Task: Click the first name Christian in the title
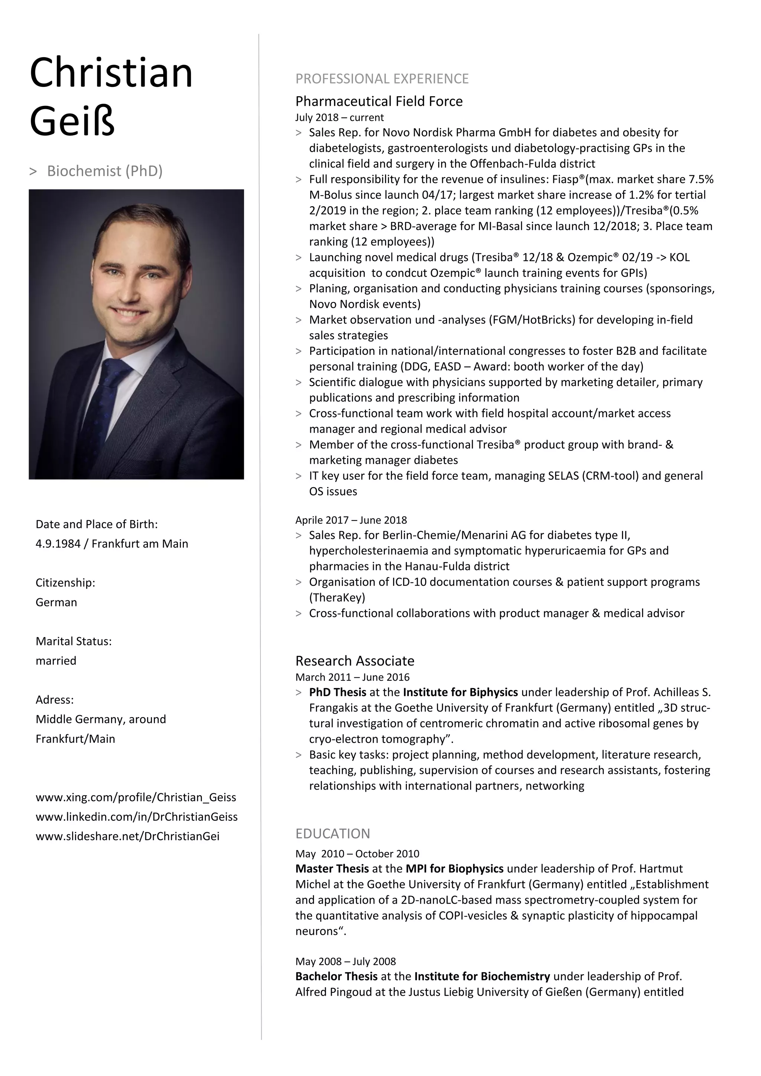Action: pyautogui.click(x=111, y=73)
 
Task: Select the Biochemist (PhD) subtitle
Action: pyautogui.click(x=104, y=171)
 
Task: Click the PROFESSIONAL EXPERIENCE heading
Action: pyautogui.click(x=382, y=79)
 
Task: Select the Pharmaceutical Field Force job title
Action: pyautogui.click(x=379, y=101)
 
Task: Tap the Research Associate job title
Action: pyautogui.click(x=355, y=661)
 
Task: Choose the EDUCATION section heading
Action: pyautogui.click(x=332, y=834)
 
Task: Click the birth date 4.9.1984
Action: pyautogui.click(x=58, y=544)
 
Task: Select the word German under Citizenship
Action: pyautogui.click(x=56, y=602)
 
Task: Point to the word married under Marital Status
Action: pyautogui.click(x=56, y=661)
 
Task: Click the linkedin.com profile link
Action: pyautogui.click(x=136, y=817)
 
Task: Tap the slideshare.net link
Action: pyautogui.click(x=127, y=836)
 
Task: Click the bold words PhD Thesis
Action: pyautogui.click(x=337, y=692)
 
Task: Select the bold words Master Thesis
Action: pyautogui.click(x=332, y=869)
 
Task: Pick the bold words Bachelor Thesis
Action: pyautogui.click(x=336, y=976)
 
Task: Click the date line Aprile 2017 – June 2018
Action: pyautogui.click(x=351, y=520)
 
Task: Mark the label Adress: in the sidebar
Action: pyautogui.click(x=54, y=700)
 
